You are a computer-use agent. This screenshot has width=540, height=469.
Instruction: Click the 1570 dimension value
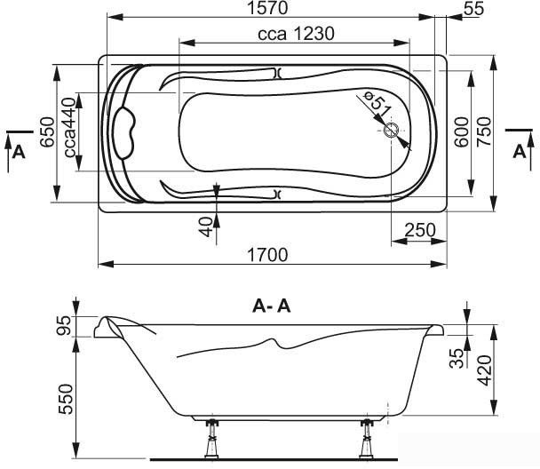pyautogui.click(x=267, y=8)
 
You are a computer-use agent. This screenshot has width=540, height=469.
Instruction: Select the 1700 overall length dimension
pyautogui.click(x=267, y=255)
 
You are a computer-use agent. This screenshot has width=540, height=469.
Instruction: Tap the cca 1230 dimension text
pyautogui.click(x=296, y=34)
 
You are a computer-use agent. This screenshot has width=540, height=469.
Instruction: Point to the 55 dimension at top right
pyautogui.click(x=474, y=9)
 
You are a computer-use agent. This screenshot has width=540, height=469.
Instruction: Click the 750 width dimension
pyautogui.click(x=483, y=131)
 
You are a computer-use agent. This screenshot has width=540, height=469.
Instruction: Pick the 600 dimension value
pyautogui.click(x=462, y=132)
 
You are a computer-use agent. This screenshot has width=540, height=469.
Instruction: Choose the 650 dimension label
pyautogui.click(x=47, y=132)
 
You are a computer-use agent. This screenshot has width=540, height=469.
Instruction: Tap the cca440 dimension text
pyautogui.click(x=69, y=127)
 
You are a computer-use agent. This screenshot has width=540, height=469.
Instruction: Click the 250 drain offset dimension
pyautogui.click(x=420, y=230)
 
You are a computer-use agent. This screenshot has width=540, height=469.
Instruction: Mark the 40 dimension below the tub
pyautogui.click(x=206, y=227)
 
